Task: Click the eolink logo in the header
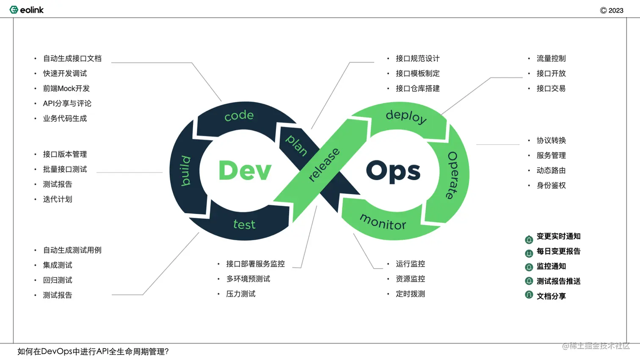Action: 26,10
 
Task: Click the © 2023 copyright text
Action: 612,11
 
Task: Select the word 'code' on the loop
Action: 239,115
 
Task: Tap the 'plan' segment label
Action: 297,145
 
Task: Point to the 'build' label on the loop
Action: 185,171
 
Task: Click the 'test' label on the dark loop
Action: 244,225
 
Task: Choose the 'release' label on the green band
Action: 324,165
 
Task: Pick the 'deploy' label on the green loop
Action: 406,116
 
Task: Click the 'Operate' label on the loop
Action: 453,175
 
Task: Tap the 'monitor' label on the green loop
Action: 383,222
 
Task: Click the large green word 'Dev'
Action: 245,171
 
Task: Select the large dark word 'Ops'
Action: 393,172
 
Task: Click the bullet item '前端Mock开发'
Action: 66,88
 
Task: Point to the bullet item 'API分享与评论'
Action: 67,104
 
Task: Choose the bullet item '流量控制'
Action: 551,58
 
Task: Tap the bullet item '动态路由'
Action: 551,170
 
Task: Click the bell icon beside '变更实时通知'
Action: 529,240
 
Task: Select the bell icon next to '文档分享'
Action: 529,295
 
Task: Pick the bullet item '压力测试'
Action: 240,294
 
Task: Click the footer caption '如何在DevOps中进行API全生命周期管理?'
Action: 93,352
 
